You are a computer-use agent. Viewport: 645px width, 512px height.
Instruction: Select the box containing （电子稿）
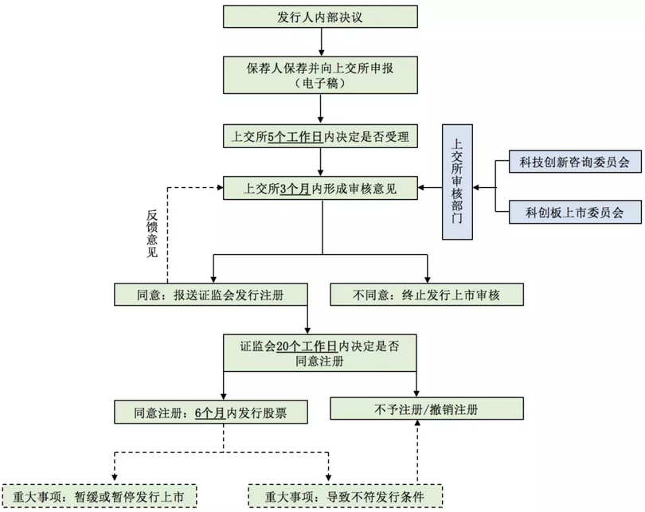tap(321, 76)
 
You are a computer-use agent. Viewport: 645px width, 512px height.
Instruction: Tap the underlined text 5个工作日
tap(295, 137)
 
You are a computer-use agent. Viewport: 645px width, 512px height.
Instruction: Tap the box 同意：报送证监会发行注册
tap(210, 294)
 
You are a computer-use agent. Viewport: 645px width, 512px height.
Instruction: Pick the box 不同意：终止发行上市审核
tap(428, 294)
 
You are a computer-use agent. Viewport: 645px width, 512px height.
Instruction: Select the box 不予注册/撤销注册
tap(428, 409)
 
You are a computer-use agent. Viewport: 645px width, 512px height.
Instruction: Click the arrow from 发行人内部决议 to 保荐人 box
tap(321, 41)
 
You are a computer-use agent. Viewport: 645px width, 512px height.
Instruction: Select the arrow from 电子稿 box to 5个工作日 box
tap(321, 109)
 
